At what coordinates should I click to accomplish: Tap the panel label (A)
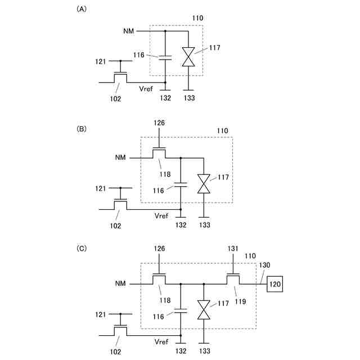(82, 10)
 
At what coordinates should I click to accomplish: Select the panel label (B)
(82, 128)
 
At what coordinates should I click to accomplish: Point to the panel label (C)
(82, 247)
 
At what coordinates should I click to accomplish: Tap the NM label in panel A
(129, 31)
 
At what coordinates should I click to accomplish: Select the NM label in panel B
(121, 158)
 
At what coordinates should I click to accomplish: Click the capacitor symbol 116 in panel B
(181, 183)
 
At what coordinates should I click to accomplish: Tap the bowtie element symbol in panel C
(204, 309)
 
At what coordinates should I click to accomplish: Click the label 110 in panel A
(197, 18)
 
